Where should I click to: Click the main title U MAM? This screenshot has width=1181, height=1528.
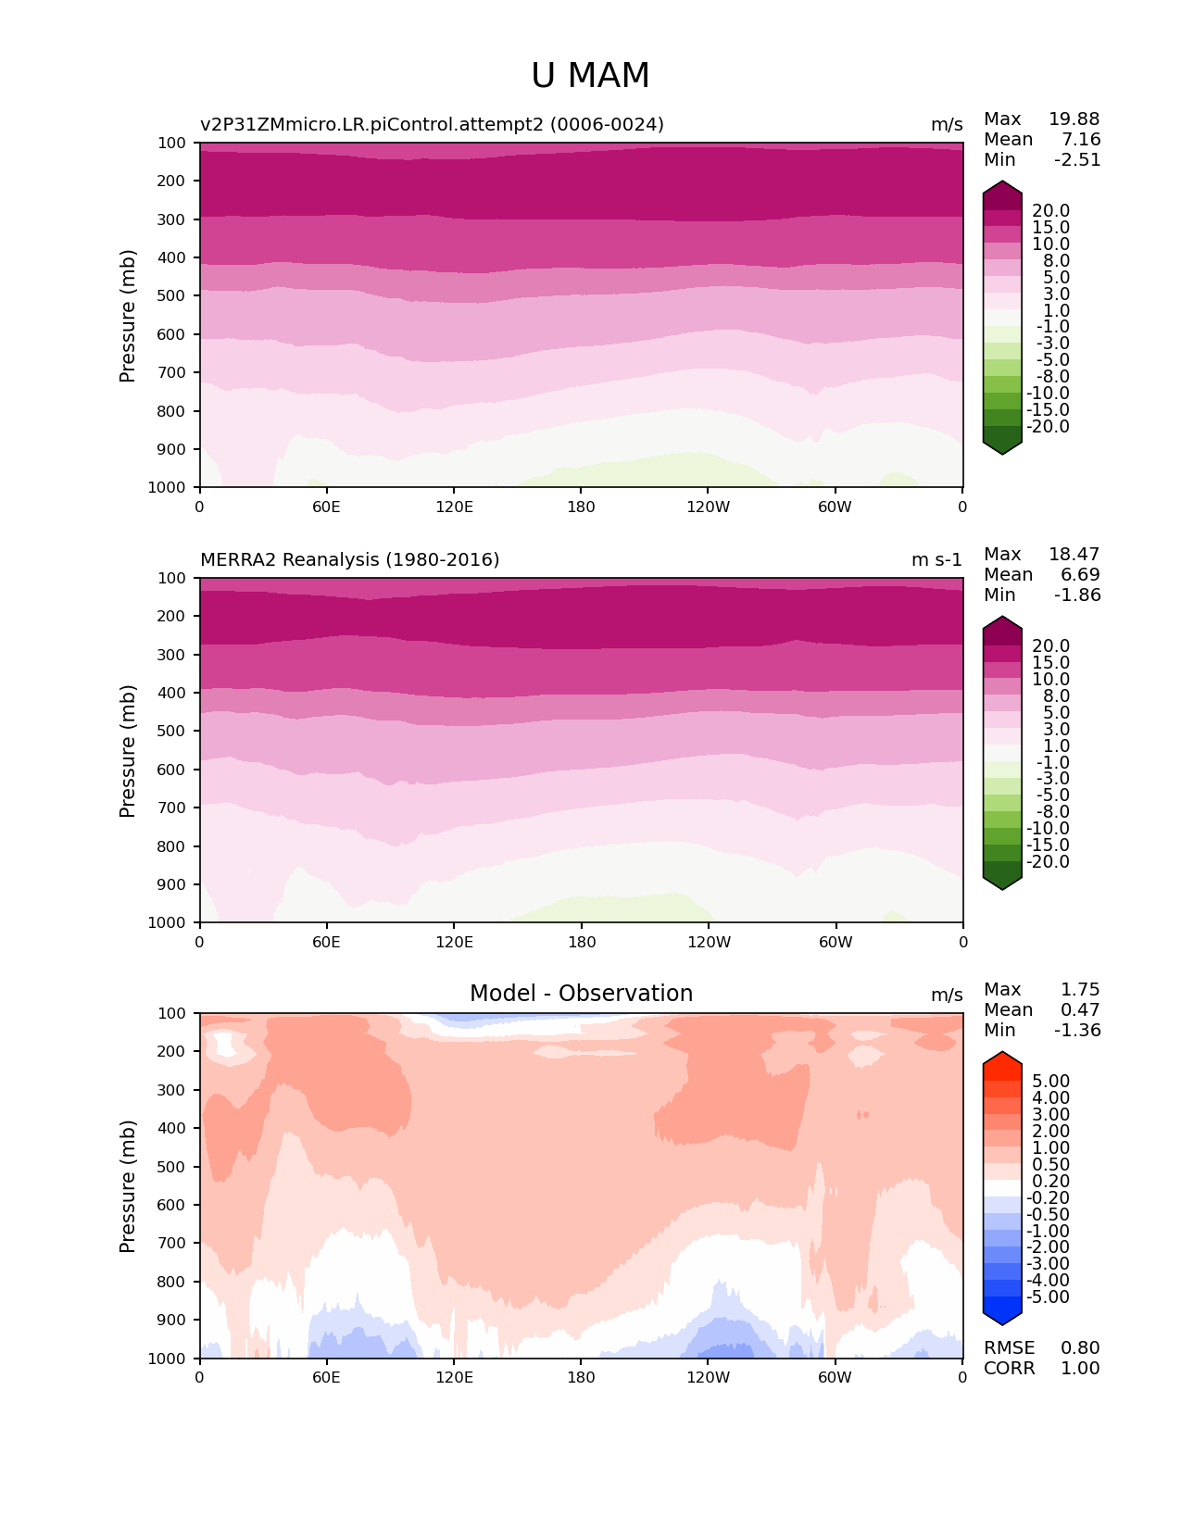[590, 76]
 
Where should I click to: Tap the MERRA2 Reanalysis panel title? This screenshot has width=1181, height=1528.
[349, 559]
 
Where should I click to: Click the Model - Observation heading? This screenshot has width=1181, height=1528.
[581, 994]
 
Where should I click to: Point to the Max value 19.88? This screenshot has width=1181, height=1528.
[1074, 119]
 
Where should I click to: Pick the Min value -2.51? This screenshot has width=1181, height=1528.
[1077, 159]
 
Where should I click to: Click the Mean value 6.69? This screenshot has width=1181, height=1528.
[1080, 574]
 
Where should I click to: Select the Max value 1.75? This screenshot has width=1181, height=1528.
[1080, 989]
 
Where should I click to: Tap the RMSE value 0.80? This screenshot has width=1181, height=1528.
[1080, 1347]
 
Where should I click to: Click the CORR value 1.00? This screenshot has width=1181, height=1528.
[1080, 1368]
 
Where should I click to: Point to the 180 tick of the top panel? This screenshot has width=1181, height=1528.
[581, 507]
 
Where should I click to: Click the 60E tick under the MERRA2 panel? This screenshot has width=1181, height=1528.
[326, 942]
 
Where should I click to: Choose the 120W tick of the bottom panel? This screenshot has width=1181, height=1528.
[708, 1377]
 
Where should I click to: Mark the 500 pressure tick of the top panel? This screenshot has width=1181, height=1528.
[173, 295]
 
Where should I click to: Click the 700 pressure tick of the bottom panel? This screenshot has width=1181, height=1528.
[173, 1243]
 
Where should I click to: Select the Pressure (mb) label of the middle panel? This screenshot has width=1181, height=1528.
[128, 750]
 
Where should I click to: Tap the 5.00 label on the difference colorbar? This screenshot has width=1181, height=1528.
[1050, 1081]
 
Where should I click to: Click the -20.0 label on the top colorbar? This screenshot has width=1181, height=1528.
[1049, 426]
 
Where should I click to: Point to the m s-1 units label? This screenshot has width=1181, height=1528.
[936, 559]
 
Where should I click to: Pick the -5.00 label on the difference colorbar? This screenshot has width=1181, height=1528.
[1049, 1296]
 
